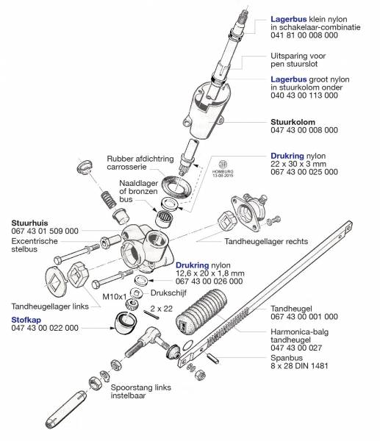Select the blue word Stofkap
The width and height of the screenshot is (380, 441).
point(27,320)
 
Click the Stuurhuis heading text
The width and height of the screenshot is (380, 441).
point(30,220)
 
